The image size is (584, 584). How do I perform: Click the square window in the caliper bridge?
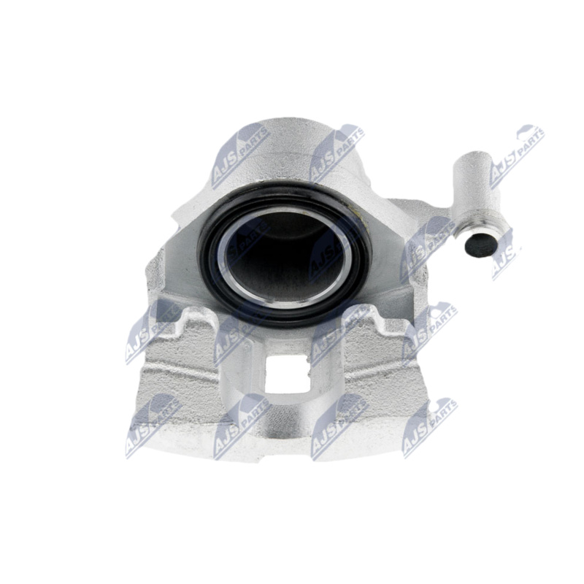(286, 374)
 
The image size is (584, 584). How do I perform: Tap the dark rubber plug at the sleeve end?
(480, 246)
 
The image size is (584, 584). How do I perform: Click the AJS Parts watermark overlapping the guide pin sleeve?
(517, 156)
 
